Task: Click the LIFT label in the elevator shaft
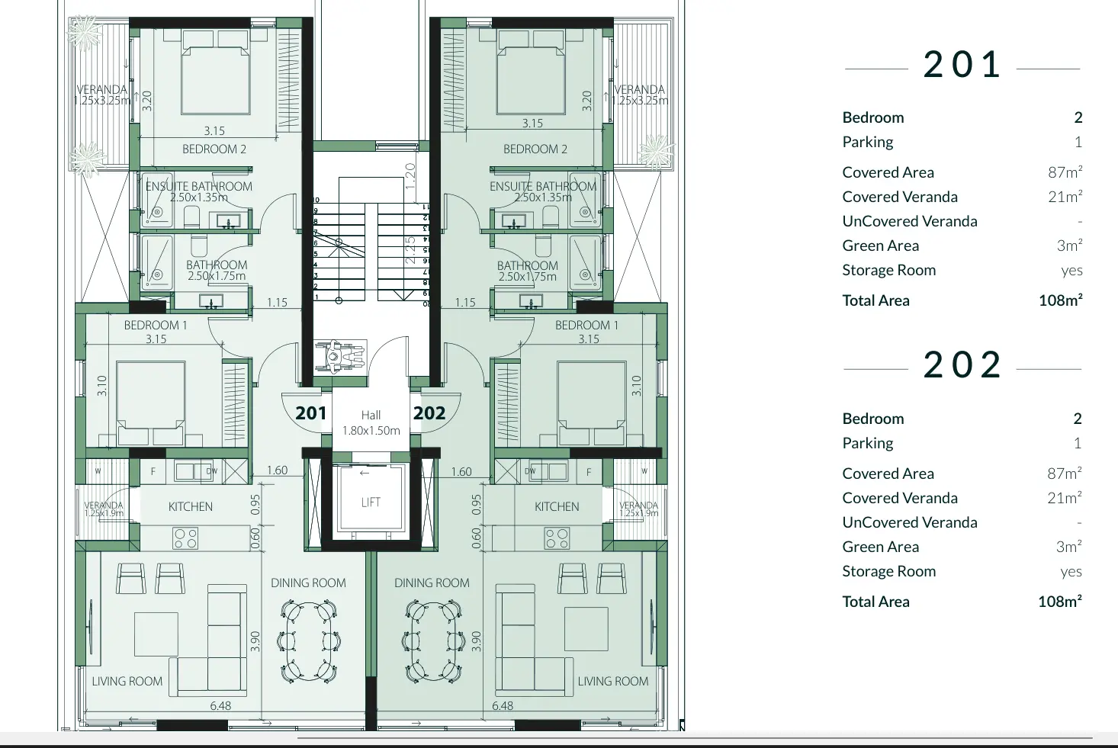371,502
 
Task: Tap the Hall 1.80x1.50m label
371,423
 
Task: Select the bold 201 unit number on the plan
310,413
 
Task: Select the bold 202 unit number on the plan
429,413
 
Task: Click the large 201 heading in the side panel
962,65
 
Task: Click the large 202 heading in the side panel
962,365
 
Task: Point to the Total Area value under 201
1060,300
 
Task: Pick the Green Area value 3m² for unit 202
1068,547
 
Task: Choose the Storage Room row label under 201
888,270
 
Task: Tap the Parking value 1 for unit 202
1078,443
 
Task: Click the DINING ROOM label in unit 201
308,583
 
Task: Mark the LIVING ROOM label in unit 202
612,682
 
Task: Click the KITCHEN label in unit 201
191,507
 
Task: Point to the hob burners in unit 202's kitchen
557,539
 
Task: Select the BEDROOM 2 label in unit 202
535,149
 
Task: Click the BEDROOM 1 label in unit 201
156,326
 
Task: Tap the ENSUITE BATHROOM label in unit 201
199,187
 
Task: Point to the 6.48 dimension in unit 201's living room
220,706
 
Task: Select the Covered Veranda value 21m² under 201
1065,197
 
